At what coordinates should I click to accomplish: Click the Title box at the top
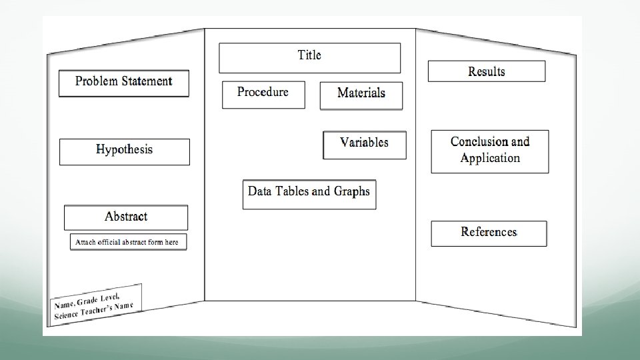[x=309, y=58]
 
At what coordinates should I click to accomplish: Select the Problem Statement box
[x=124, y=83]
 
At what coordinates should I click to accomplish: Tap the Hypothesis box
[x=125, y=151]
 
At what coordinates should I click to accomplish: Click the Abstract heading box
[x=126, y=217]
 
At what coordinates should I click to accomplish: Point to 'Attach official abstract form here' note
[x=128, y=242]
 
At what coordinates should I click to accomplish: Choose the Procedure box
[x=263, y=94]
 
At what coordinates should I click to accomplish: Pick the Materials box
[x=361, y=95]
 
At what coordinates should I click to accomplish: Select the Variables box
[x=364, y=145]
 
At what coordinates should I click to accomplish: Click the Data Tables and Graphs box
[x=309, y=194]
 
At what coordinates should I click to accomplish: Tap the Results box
[x=487, y=71]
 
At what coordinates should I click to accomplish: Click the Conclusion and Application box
[x=490, y=151]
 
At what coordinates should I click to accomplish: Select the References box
[x=489, y=233]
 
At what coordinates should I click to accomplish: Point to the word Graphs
[x=352, y=191]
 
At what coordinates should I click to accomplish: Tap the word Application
[x=490, y=159]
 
